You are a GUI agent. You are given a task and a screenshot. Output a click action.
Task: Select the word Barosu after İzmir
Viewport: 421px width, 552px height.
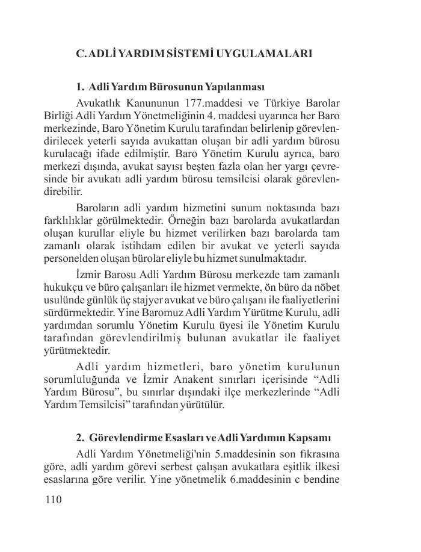121,273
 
